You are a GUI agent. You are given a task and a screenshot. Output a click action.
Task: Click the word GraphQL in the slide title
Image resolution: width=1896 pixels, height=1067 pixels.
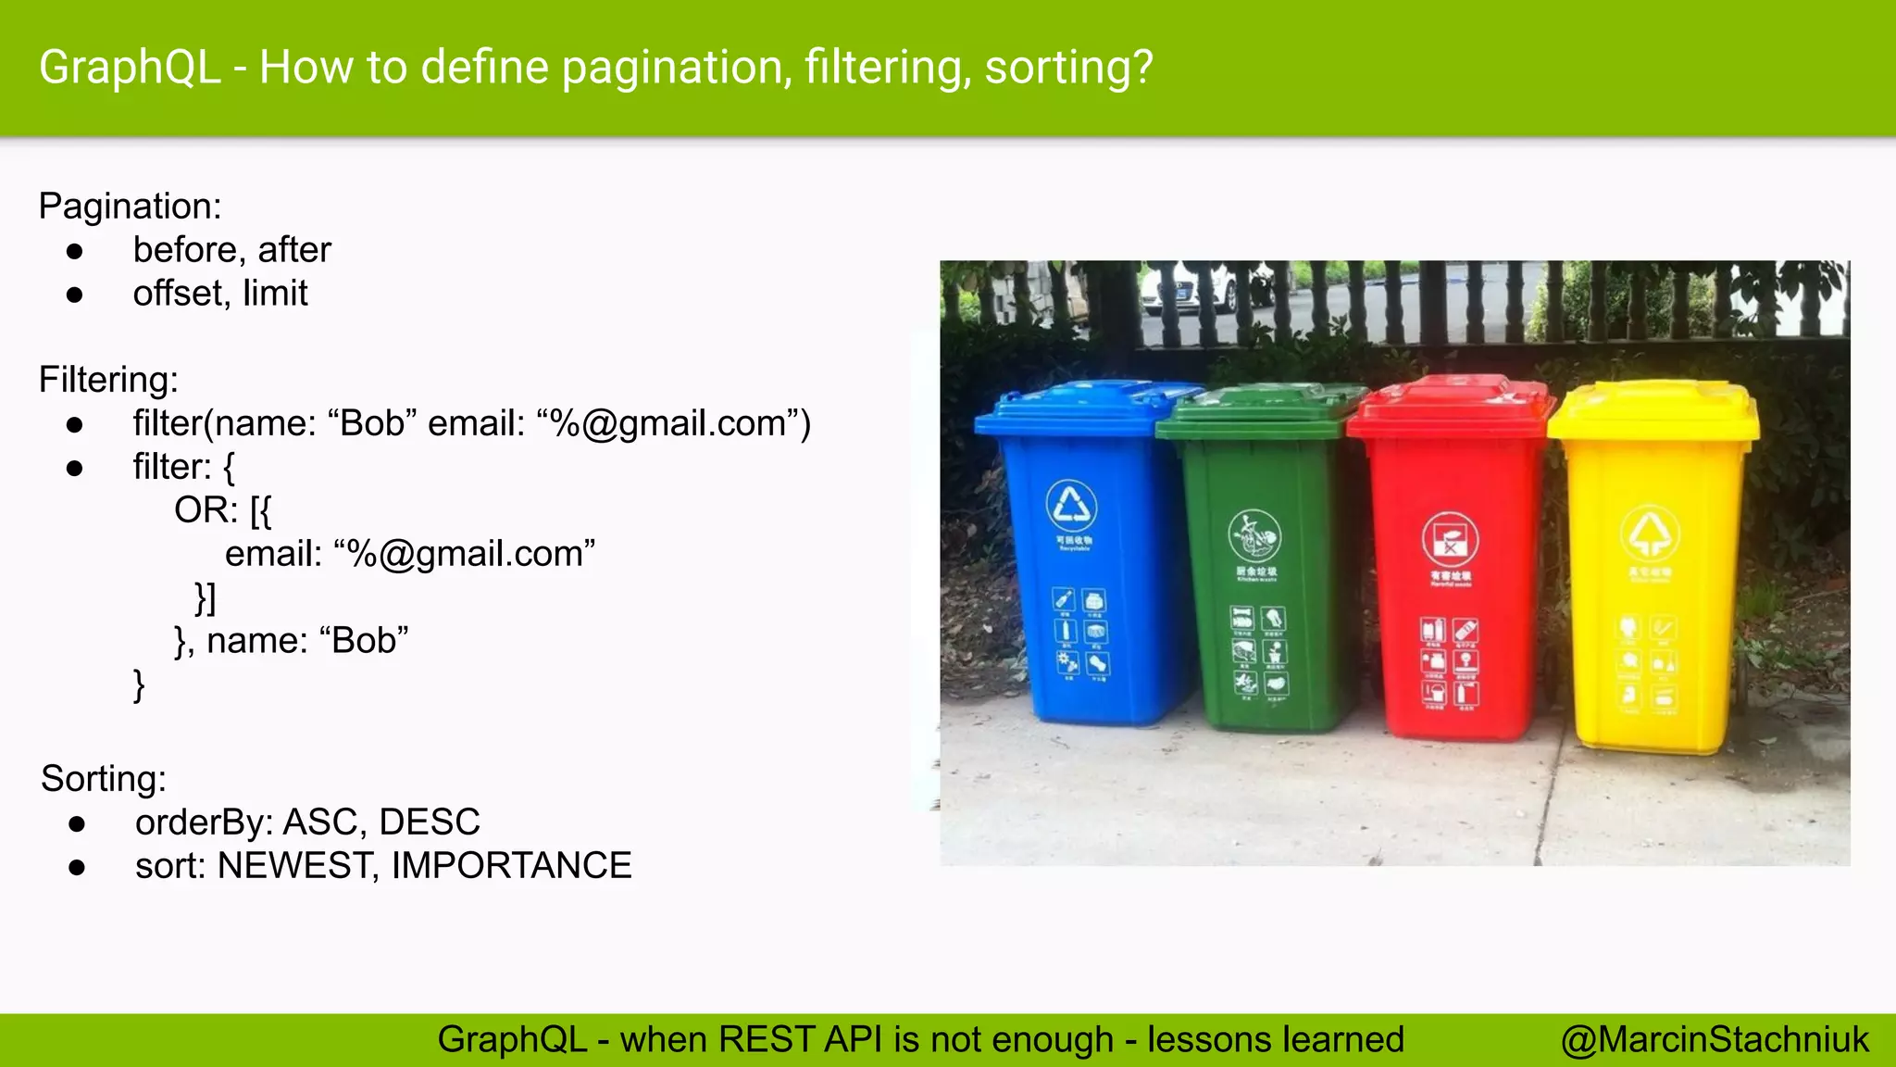130,69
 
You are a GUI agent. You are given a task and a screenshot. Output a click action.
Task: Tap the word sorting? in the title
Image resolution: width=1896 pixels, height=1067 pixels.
1068,69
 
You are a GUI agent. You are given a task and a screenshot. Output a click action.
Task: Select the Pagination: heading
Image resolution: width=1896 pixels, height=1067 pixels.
130,206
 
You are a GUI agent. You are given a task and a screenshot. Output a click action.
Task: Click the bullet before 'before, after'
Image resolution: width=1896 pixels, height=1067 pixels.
75,251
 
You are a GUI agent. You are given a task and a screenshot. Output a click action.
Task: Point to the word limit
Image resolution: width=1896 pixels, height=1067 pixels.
275,294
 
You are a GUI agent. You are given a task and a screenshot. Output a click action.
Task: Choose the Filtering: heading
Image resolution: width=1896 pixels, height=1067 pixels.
108,380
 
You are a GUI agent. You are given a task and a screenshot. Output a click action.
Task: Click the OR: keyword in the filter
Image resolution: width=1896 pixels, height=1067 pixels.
206,510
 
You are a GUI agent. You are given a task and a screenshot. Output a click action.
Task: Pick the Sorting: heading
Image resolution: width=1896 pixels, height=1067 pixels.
103,779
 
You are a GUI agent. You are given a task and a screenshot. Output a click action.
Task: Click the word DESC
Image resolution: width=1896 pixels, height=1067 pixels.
430,822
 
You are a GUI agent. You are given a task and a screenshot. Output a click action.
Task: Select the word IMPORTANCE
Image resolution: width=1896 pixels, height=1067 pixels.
511,866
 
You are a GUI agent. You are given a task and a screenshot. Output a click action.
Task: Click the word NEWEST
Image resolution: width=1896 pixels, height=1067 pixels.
297,866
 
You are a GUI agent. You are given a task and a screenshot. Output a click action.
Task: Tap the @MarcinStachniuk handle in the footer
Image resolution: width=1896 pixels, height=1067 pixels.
1715,1040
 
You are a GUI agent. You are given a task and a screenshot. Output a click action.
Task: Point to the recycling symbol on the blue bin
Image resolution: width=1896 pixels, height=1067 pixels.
1071,506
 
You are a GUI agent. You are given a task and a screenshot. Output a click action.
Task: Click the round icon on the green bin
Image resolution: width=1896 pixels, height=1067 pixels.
1254,535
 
